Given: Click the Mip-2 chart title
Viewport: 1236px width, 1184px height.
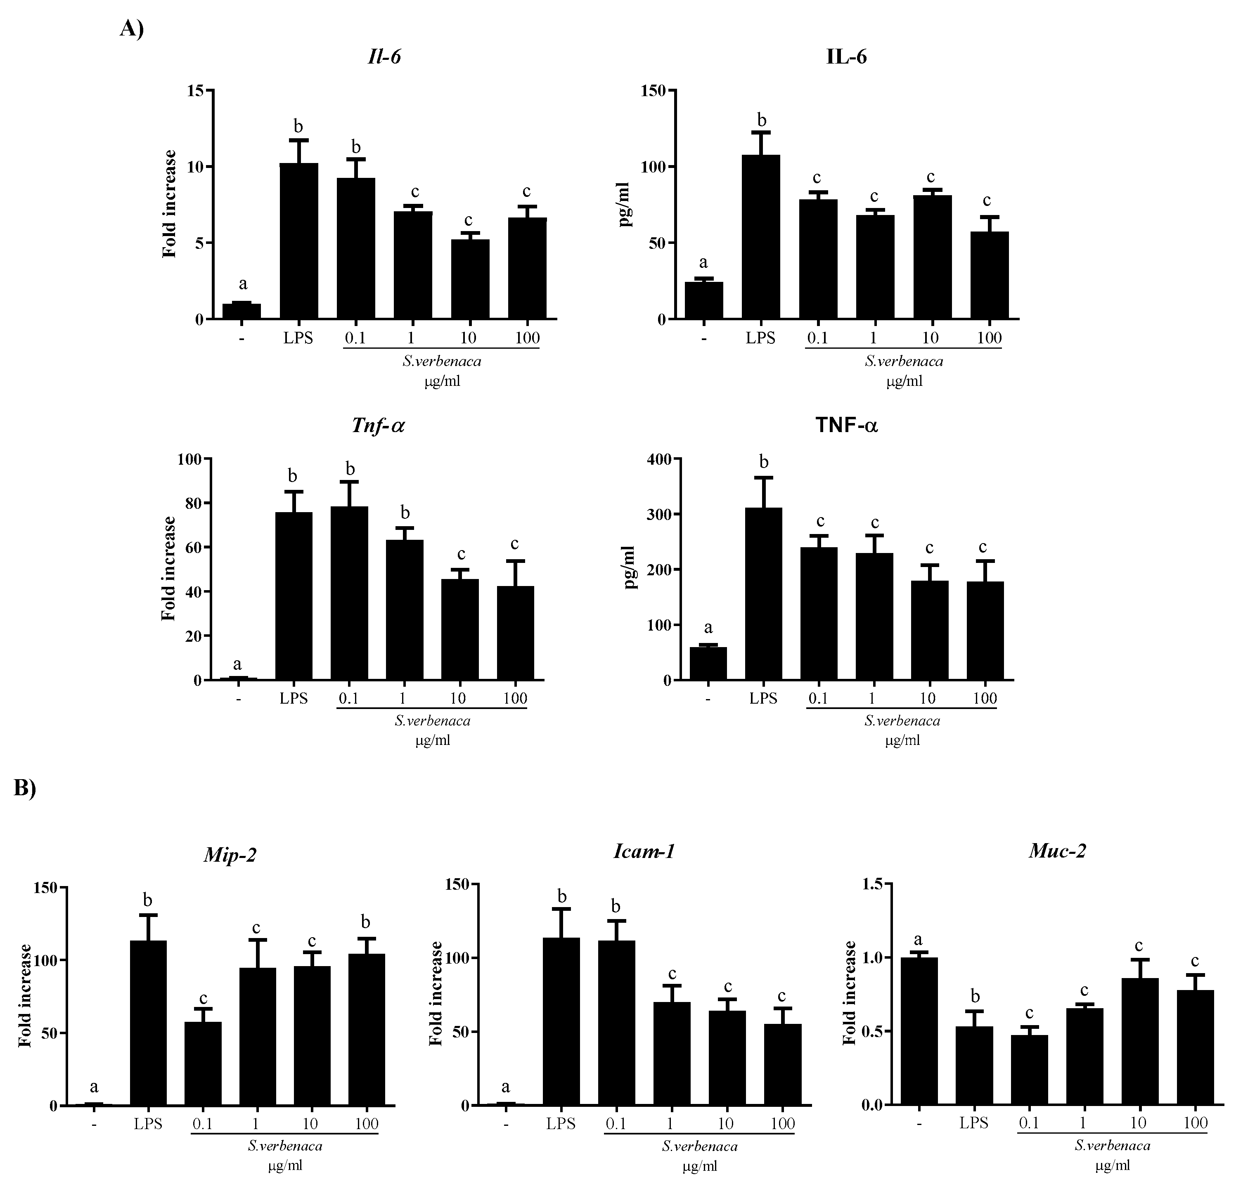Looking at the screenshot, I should pos(230,856).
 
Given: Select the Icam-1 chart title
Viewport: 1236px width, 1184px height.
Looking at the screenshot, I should pos(644,852).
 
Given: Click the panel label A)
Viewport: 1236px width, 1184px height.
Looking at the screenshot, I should pos(131,28).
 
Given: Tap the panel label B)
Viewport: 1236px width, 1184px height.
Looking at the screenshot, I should pos(25,789).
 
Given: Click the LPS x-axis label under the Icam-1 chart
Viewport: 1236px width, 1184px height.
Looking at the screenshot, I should pos(561,1123).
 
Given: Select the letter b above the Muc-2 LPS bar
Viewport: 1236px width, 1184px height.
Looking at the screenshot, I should pos(975,997).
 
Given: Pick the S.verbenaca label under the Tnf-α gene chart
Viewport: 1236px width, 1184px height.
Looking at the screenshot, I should pos(433,721).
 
